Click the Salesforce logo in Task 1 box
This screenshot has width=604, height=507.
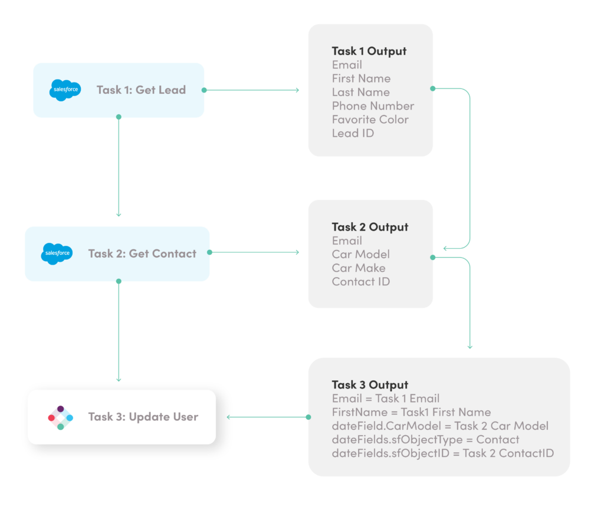coord(65,90)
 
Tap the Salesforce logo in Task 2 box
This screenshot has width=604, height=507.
coord(57,253)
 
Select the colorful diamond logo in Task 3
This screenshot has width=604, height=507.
coord(60,417)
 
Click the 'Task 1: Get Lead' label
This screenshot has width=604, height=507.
coord(141,90)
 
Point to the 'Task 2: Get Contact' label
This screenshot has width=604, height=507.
coord(142,253)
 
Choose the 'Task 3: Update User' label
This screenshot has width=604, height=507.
coord(143,417)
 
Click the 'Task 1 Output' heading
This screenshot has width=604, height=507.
coord(369,51)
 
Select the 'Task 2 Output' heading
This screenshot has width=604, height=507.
coord(369,227)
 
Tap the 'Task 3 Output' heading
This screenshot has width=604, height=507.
coord(369,385)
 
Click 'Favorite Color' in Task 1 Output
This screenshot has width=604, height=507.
coord(370,120)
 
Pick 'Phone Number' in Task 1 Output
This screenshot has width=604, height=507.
coord(373,106)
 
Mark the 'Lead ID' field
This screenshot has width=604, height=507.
coord(353,133)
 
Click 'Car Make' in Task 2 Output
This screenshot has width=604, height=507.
coord(359,268)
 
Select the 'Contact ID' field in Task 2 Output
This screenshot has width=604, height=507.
coord(360,282)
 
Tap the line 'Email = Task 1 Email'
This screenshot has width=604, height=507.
coord(385,399)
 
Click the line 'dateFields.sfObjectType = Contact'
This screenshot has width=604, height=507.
coord(425,440)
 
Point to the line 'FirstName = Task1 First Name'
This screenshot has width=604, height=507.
coord(411,412)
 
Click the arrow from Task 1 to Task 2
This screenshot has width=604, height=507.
coord(119,167)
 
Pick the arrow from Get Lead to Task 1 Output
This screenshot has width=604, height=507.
coord(252,90)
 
